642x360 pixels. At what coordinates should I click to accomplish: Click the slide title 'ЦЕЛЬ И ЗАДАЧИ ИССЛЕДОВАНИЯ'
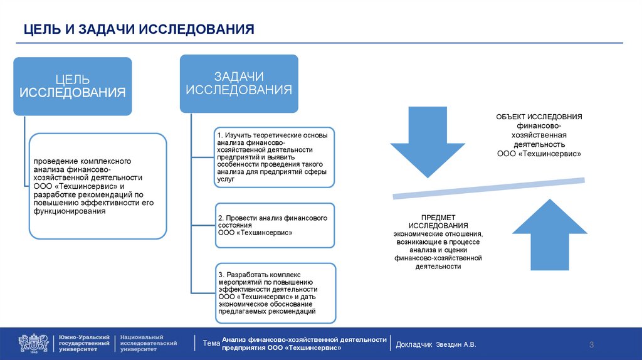pos(139,29)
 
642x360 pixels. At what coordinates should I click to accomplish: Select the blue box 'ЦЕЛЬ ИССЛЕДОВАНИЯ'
pos(73,86)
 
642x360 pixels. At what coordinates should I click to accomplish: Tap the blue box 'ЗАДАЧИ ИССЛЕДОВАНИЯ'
pos(239,83)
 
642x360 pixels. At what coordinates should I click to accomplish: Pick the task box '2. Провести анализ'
pos(275,225)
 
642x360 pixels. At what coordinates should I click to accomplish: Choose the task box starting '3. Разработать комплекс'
pos(275,293)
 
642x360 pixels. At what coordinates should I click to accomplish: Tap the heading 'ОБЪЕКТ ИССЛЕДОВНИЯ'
pos(539,117)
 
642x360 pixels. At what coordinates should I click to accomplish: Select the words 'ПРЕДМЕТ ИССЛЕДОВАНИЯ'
pos(438,221)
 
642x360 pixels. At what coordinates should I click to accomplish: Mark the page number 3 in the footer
pos(591,344)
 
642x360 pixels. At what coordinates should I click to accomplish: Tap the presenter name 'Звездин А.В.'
pos(456,344)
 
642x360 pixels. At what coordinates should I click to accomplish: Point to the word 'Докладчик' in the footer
pos(414,344)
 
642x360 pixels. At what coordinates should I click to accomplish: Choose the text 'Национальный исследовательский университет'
pos(149,343)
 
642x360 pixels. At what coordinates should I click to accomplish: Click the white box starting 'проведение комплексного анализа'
pos(98,186)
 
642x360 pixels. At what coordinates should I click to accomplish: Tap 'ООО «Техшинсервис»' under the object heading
pos(539,153)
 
